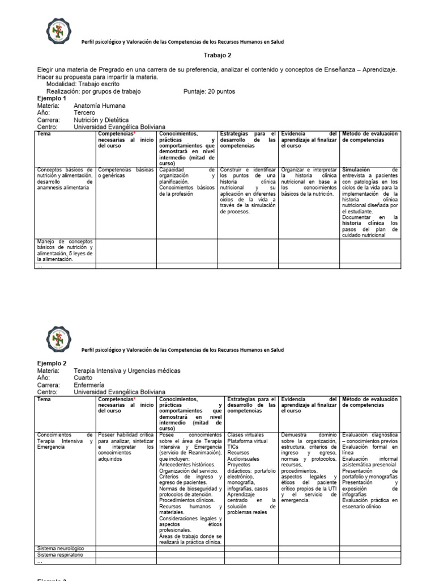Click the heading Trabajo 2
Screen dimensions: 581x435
coord(217,55)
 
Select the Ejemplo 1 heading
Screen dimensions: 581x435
coord(52,98)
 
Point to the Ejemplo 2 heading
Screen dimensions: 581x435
coord(52,363)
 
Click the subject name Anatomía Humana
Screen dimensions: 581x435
coord(100,106)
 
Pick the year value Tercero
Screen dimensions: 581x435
coord(85,113)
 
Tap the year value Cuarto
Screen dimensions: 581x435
coord(84,378)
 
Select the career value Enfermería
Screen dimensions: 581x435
coord(89,385)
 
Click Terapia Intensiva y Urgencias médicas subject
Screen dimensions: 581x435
coord(127,371)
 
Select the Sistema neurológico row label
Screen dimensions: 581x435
coord(61,549)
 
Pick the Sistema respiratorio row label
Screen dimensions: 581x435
coord(61,554)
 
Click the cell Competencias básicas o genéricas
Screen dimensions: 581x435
coord(125,172)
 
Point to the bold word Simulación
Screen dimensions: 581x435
coord(356,170)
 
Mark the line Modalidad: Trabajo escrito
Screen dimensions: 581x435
coord(83,84)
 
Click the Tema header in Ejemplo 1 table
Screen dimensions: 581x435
coord(43,133)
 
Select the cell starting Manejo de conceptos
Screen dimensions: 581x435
coord(65,250)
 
